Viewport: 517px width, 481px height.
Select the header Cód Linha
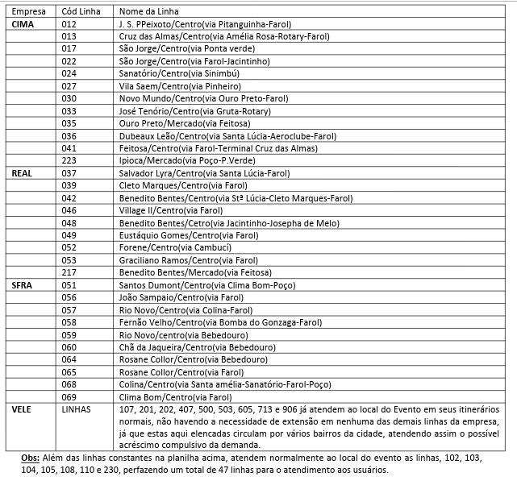pos(81,13)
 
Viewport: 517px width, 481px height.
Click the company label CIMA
pos(23,25)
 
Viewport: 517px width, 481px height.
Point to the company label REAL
pos(22,173)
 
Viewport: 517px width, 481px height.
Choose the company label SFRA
pos(22,284)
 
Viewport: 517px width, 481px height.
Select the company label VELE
pos(22,408)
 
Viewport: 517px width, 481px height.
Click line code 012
pos(69,25)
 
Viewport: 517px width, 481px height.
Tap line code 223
pos(69,160)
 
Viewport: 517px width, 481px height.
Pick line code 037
pos(69,173)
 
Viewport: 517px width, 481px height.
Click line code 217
pos(69,272)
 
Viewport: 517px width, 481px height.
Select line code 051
pos(69,284)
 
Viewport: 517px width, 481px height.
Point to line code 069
pos(69,396)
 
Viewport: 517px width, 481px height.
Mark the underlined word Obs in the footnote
pos(29,457)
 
